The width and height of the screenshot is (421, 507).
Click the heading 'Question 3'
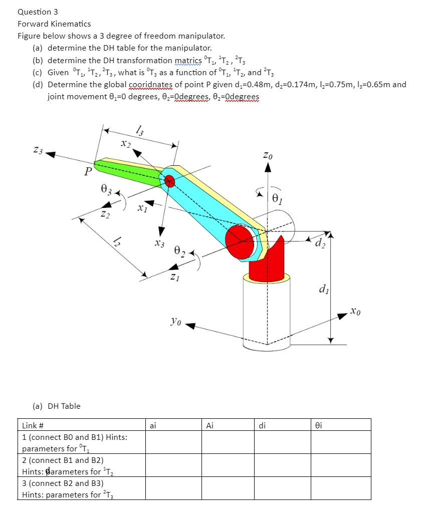click(35, 11)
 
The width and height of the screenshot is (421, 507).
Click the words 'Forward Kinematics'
click(54, 24)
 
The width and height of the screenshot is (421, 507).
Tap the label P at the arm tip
click(88, 172)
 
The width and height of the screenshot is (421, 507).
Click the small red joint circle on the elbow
click(169, 181)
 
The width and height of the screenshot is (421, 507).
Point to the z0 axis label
click(269, 156)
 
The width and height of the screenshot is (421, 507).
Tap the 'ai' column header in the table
click(153, 426)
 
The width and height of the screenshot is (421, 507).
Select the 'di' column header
click(262, 426)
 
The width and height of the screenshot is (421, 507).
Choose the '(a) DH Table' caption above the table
click(56, 406)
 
